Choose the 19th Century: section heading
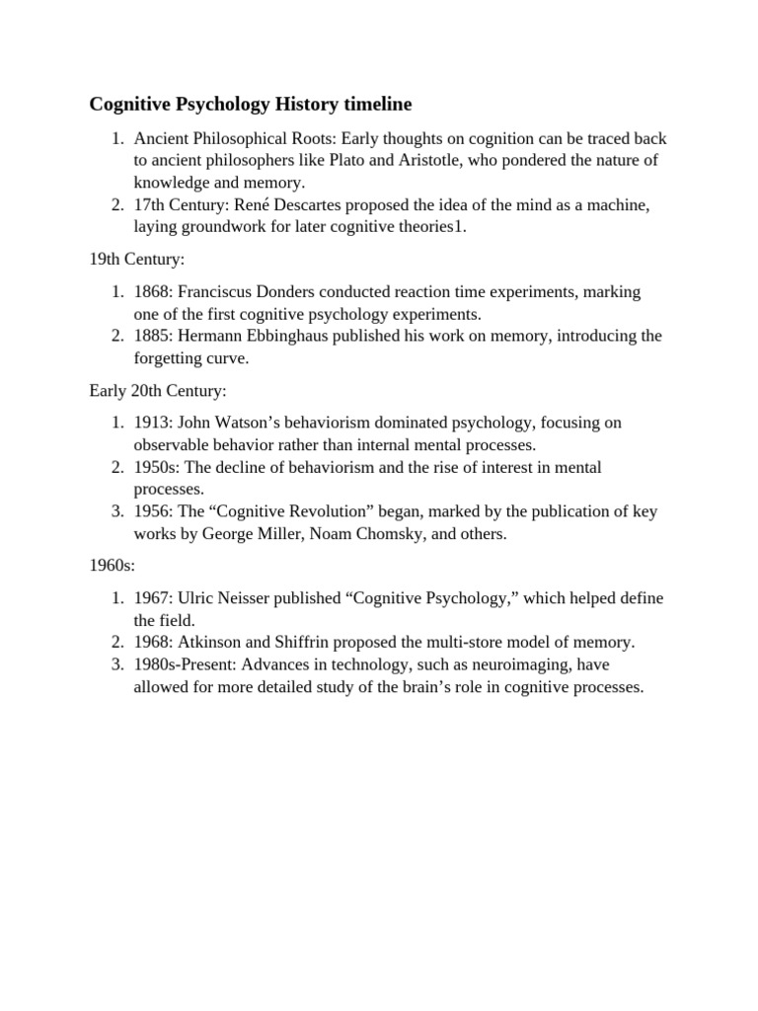(137, 259)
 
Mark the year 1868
(153, 292)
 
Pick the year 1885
(153, 336)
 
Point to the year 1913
(153, 423)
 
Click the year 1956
(153, 511)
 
